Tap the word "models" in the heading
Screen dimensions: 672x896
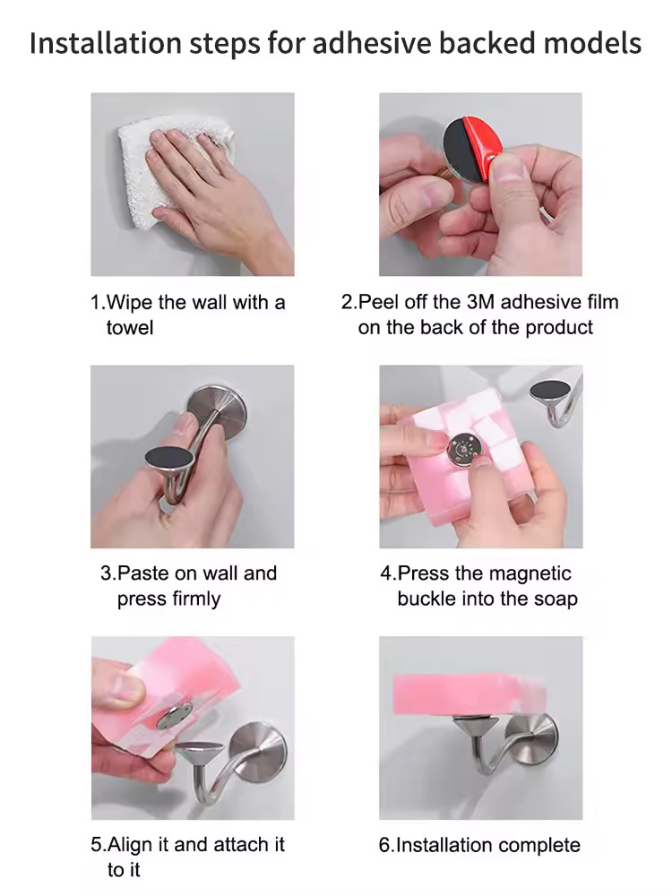tap(591, 43)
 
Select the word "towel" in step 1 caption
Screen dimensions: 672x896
tap(130, 327)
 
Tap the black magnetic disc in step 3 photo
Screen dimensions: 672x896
tap(168, 460)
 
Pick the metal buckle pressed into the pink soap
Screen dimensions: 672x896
tap(464, 448)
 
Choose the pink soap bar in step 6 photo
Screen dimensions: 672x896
tap(468, 694)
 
